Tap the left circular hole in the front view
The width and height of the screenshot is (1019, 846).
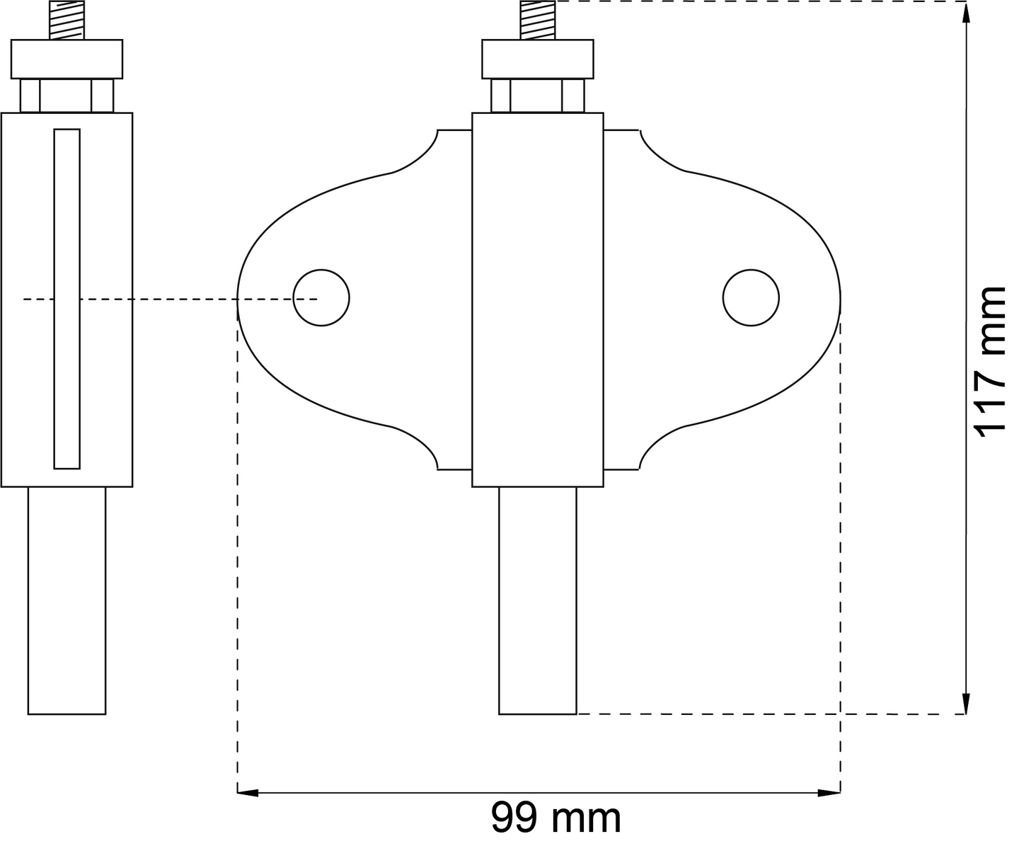(321, 297)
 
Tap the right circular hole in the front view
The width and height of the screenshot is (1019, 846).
(751, 297)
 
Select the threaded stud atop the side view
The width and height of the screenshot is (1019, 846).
(67, 20)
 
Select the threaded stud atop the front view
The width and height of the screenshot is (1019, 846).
(538, 20)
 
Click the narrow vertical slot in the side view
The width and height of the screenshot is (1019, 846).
(67, 299)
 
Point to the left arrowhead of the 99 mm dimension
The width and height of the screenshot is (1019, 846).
(248, 793)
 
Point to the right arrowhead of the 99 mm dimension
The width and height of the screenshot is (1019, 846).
(829, 793)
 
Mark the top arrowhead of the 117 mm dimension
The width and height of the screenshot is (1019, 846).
(965, 12)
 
